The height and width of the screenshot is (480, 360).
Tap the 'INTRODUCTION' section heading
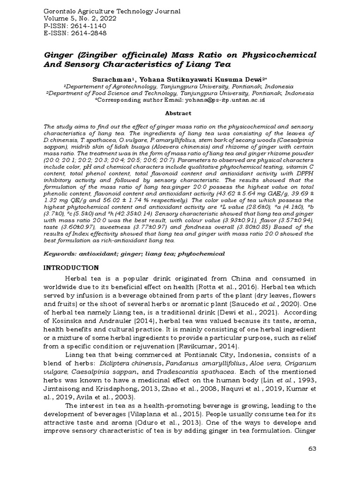coord(71,268)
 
